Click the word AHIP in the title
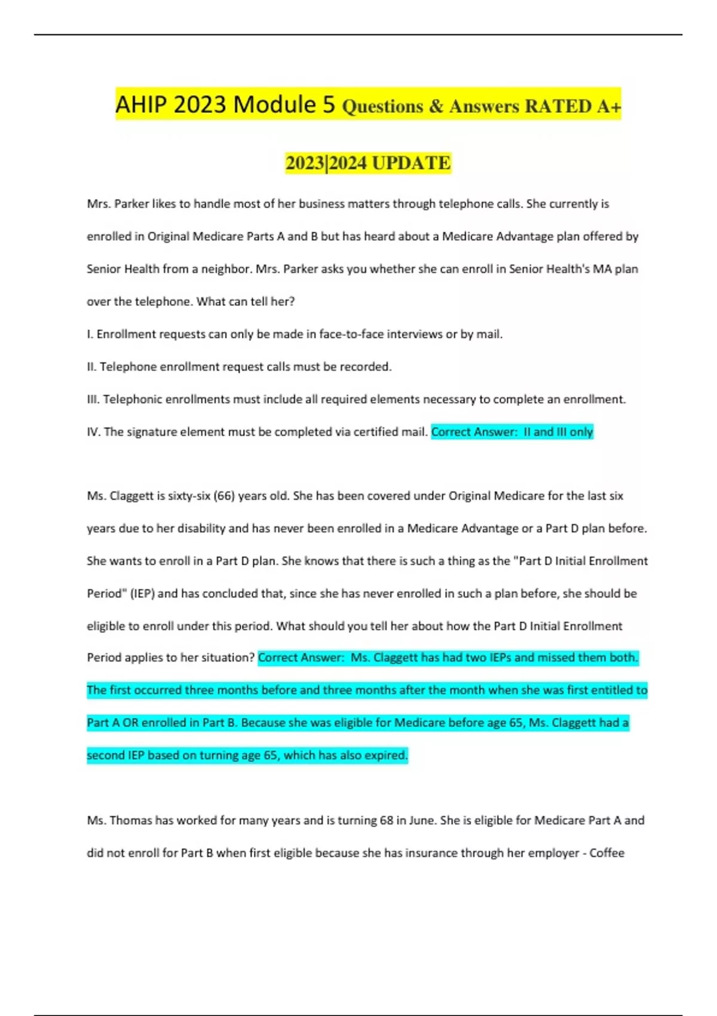pyautogui.click(x=141, y=105)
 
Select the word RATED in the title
pyautogui.click(x=558, y=106)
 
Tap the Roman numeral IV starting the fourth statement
pyautogui.click(x=93, y=432)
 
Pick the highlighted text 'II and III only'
pyautogui.click(x=558, y=432)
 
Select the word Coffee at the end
pyautogui.click(x=606, y=853)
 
